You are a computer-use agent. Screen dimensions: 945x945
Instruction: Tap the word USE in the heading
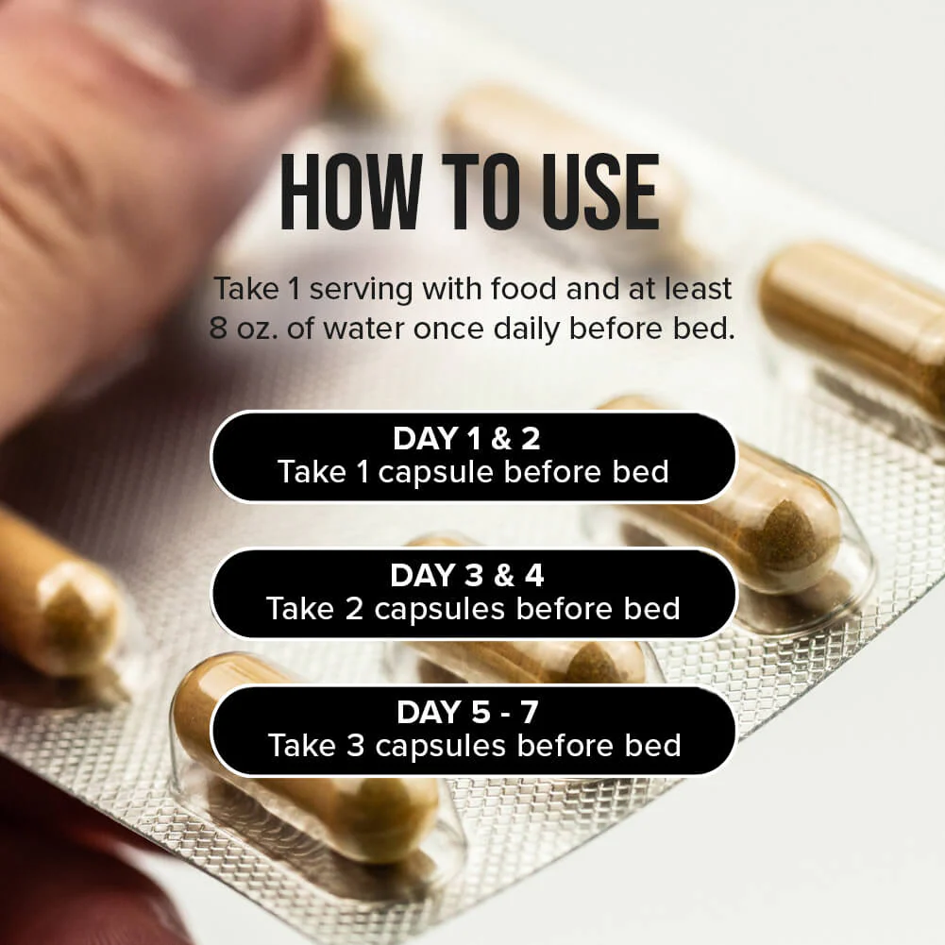[600, 193]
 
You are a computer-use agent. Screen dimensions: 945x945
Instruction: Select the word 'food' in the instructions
[524, 288]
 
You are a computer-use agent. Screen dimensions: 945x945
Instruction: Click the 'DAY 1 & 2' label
[467, 438]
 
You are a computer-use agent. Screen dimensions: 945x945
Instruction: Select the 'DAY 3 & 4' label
[467, 575]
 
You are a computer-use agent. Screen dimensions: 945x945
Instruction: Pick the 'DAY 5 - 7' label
[467, 712]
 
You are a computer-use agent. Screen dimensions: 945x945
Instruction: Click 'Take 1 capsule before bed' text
[474, 472]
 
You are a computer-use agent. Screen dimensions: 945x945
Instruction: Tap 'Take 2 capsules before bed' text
[474, 609]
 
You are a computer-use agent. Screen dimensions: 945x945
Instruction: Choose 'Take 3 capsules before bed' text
[474, 746]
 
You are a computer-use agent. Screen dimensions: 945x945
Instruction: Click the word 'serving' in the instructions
[361, 290]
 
